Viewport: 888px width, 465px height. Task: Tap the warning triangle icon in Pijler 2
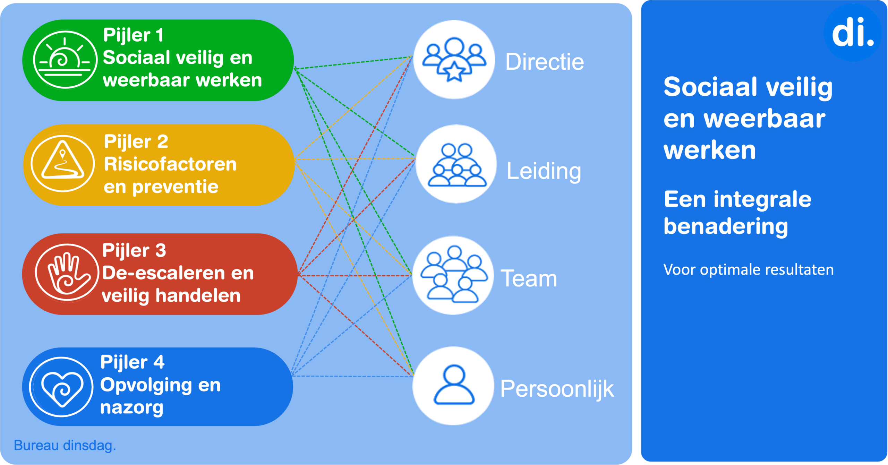pos(63,163)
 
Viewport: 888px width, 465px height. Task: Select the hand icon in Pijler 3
pos(67,273)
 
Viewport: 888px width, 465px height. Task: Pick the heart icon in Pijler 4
pos(62,387)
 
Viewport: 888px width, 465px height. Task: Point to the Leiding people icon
pos(456,164)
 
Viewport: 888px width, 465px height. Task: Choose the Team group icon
pos(453,275)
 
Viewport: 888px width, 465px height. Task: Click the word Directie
pos(544,62)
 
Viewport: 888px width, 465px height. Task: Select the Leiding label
pos(544,171)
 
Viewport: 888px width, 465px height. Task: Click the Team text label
pos(529,278)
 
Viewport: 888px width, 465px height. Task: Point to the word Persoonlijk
pos(557,389)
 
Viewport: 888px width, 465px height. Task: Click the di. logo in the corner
pos(853,33)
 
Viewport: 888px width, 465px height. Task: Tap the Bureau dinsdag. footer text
pos(65,445)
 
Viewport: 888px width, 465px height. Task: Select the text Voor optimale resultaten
pos(748,270)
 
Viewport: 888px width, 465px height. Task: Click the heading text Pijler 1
pos(133,35)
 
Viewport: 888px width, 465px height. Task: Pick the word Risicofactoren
pos(170,164)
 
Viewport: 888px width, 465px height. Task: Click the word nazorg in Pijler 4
pos(131,407)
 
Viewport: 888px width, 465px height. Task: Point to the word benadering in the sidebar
pos(726,227)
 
